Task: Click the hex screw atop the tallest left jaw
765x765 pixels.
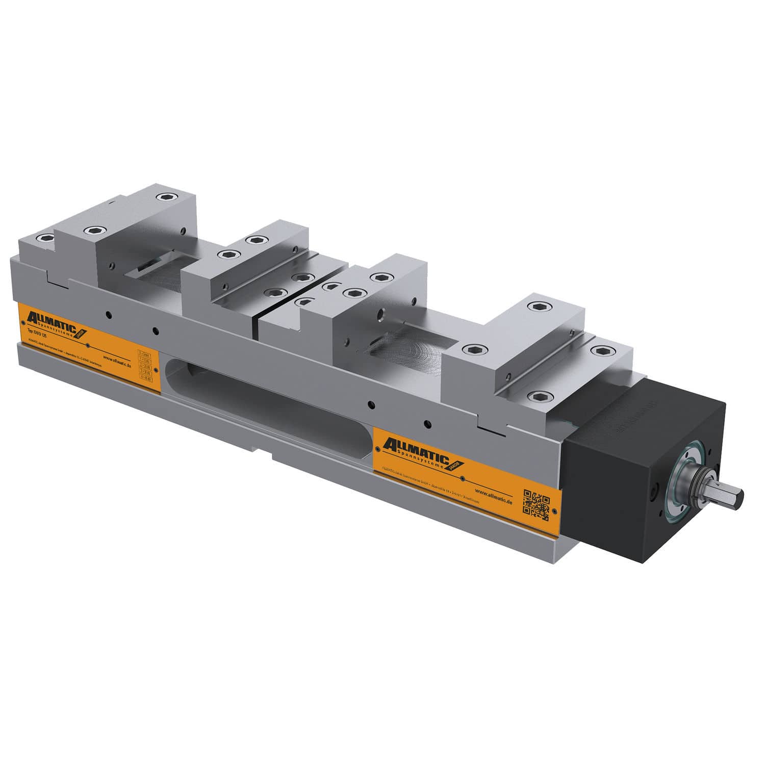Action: click(164, 197)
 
